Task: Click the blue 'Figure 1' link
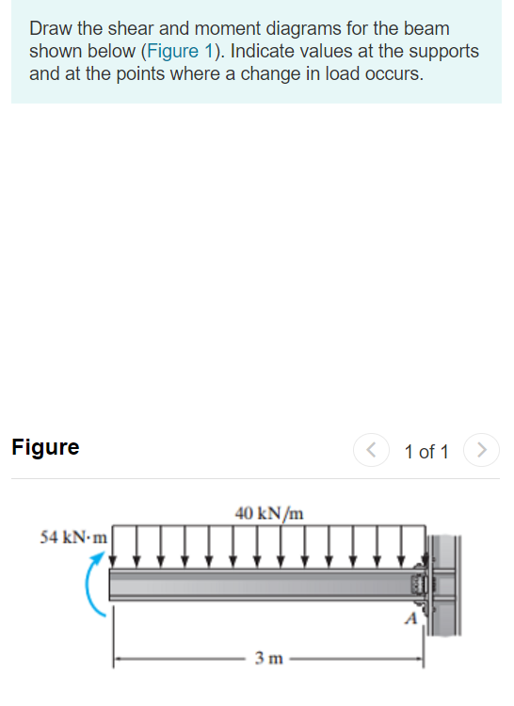179,52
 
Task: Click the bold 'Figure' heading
45,447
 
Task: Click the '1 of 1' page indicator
426,452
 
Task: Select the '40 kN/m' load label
269,513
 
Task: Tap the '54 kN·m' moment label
73,538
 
